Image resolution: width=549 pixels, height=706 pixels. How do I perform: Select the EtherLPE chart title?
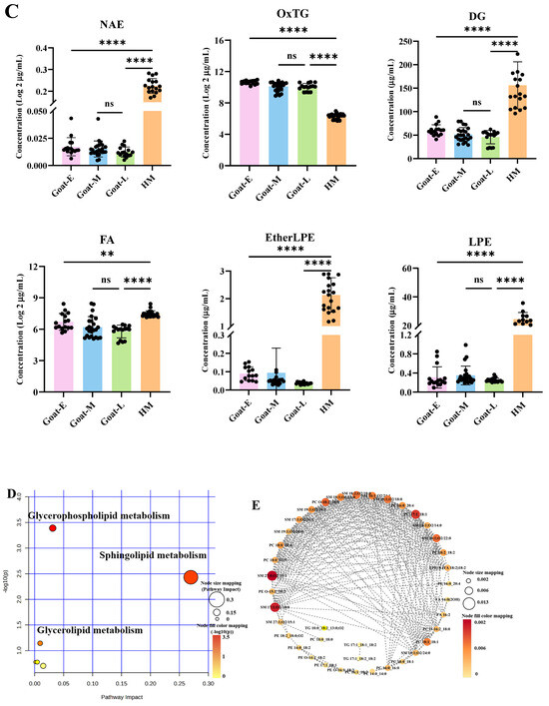click(276, 256)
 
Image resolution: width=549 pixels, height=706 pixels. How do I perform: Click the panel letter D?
click(9, 493)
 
